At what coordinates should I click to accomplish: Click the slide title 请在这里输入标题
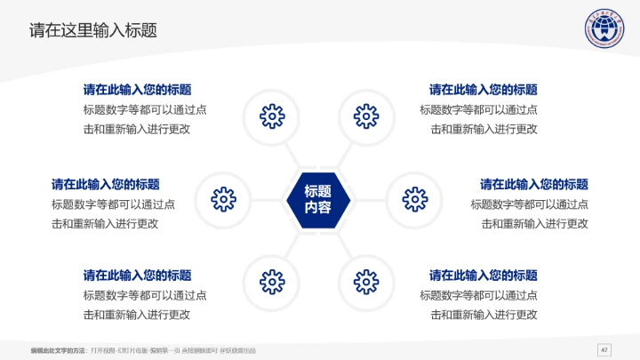pyautogui.click(x=93, y=30)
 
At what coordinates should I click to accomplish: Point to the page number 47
pyautogui.click(x=605, y=348)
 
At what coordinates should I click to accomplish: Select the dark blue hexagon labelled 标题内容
pyautogui.click(x=318, y=199)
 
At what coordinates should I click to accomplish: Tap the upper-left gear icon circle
pyautogui.click(x=271, y=116)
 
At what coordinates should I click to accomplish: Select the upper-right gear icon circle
pyautogui.click(x=366, y=116)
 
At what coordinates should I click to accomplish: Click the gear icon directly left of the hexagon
pyautogui.click(x=223, y=198)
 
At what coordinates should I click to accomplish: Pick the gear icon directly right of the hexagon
pyautogui.click(x=413, y=198)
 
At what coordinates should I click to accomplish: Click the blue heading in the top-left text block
pyautogui.click(x=137, y=90)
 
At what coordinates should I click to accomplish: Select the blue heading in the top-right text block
pyautogui.click(x=484, y=90)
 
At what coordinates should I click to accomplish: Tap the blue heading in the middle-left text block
pyautogui.click(x=106, y=185)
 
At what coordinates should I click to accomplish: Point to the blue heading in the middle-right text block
pyautogui.click(x=534, y=185)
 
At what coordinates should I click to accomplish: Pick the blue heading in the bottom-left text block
pyautogui.click(x=137, y=276)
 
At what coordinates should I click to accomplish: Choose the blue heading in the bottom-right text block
pyautogui.click(x=484, y=276)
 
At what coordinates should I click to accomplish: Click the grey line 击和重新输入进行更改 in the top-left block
pyautogui.click(x=137, y=129)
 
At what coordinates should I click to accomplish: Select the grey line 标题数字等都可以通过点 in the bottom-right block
pyautogui.click(x=478, y=295)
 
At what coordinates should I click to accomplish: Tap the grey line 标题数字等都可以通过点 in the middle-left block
pyautogui.click(x=113, y=204)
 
